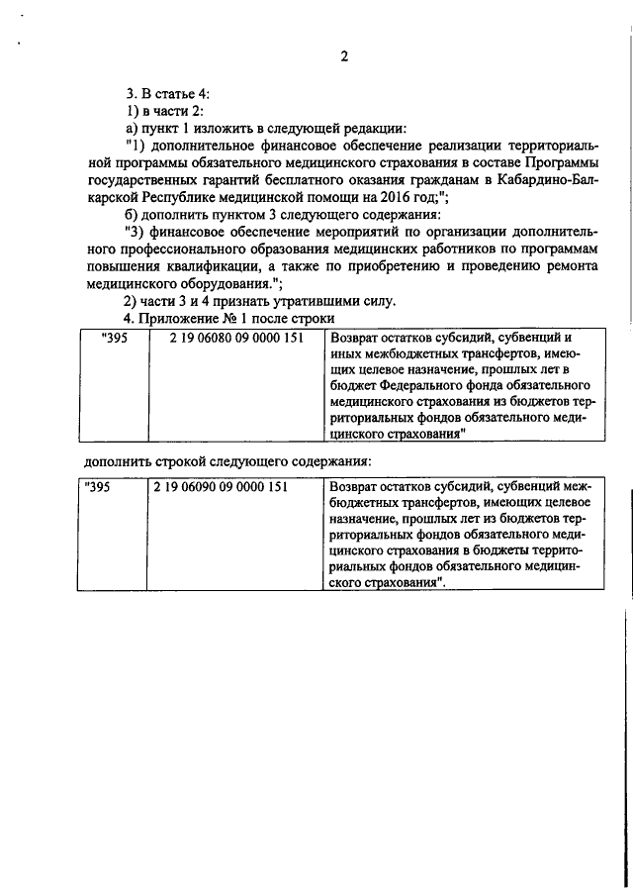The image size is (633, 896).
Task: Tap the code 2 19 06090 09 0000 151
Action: point(220,486)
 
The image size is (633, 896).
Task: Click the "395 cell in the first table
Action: point(115,338)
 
